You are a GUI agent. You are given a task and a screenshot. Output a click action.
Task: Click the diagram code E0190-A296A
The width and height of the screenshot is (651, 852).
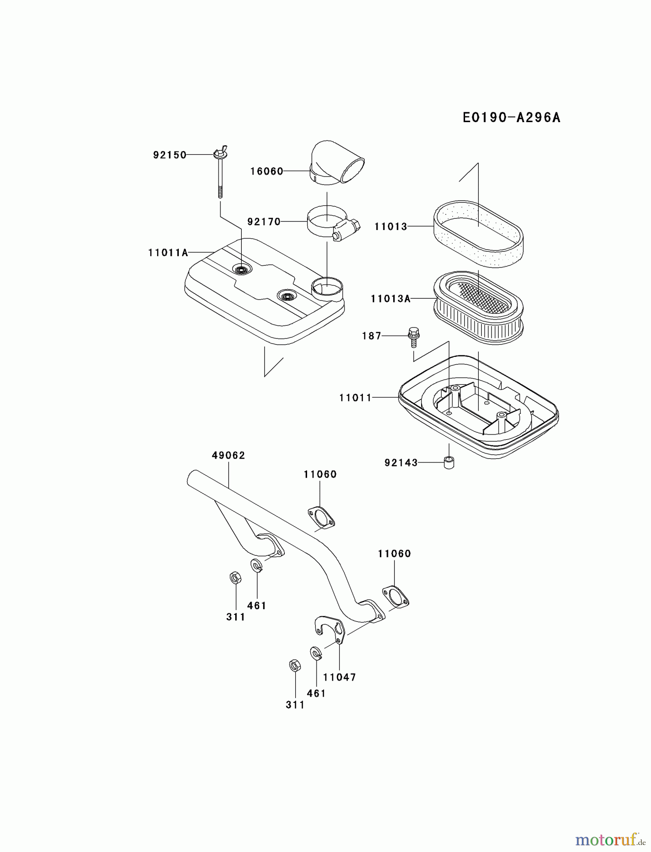click(511, 117)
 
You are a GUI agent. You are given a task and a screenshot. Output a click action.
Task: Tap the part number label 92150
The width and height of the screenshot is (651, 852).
click(169, 155)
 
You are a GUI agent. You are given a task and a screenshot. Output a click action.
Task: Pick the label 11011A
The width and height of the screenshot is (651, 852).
click(168, 253)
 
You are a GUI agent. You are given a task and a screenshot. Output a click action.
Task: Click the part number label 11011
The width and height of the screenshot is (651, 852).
click(355, 398)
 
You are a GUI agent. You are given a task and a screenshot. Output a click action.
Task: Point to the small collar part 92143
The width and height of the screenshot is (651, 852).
click(449, 462)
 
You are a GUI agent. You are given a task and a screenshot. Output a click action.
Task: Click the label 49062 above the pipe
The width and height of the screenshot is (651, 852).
click(229, 455)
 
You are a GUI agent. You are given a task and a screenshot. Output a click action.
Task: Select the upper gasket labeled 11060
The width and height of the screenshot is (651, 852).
click(321, 517)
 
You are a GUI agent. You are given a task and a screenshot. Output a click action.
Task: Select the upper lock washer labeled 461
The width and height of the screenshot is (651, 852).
click(256, 565)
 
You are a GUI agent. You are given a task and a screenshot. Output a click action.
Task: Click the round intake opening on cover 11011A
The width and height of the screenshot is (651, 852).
click(326, 288)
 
